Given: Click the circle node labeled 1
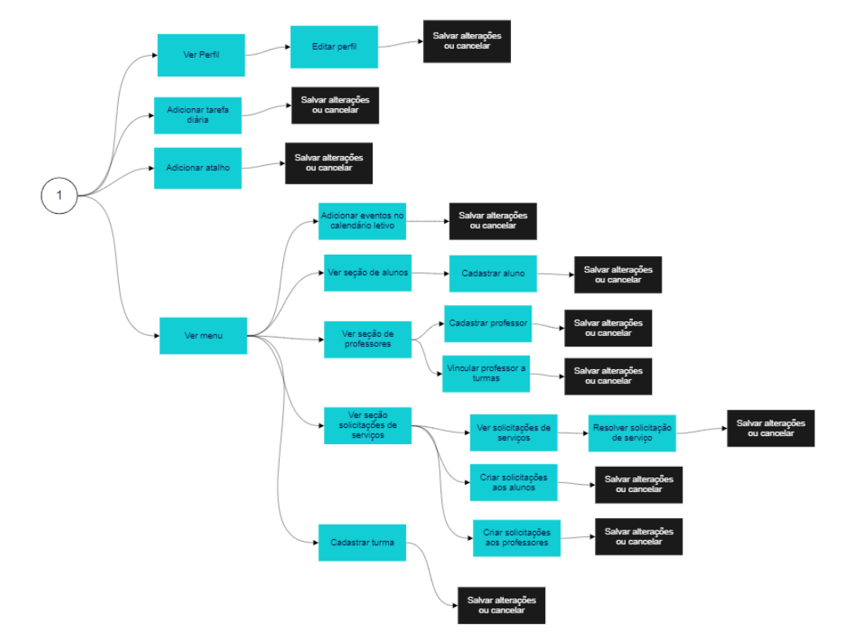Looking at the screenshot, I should [59, 196].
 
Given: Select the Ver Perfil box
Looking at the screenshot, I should [201, 55].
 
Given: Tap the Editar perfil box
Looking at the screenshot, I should [334, 47].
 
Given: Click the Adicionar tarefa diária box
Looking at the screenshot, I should [198, 115].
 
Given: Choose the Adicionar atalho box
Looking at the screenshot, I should [198, 168].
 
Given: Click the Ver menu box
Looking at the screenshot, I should [203, 335].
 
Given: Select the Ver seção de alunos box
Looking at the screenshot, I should [368, 272].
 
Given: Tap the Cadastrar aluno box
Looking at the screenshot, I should [493, 274].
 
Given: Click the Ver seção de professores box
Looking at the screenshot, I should [367, 339].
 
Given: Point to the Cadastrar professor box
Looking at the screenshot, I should [487, 324].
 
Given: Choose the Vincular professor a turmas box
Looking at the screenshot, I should [486, 373].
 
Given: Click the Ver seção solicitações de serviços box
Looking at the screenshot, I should [367, 425].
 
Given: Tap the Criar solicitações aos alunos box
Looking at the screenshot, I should [513, 482].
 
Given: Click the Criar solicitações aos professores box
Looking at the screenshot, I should [517, 538].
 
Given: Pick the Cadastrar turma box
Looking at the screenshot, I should [362, 542].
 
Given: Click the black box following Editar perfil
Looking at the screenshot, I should [467, 41].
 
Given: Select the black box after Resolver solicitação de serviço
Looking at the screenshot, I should [771, 428].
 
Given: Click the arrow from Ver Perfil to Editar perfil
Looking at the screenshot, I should [268, 53].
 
